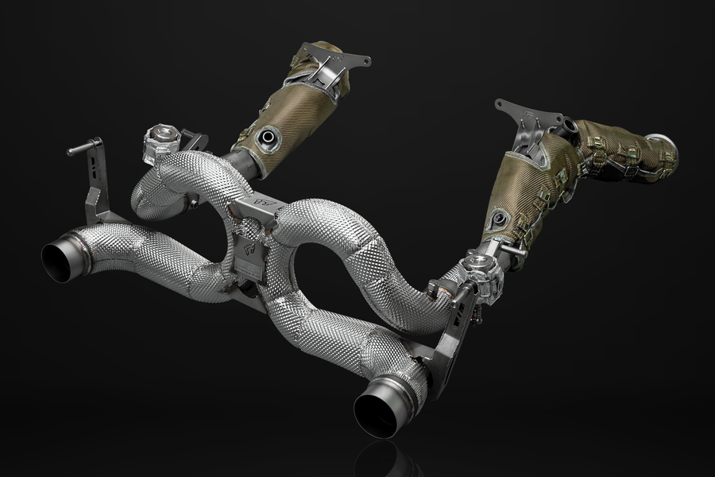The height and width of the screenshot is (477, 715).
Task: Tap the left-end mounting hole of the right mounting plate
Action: [500, 105]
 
